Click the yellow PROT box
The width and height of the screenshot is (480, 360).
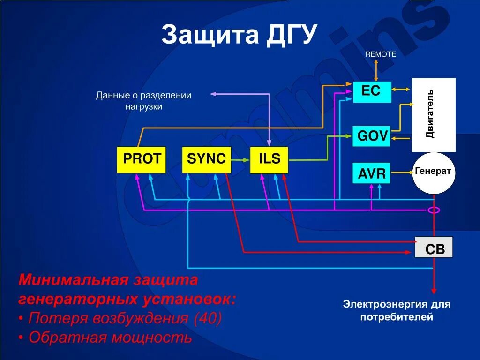pyautogui.click(x=141, y=159)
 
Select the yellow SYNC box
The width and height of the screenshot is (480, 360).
pyautogui.click(x=206, y=159)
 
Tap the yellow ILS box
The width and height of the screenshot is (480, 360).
pyautogui.click(x=269, y=159)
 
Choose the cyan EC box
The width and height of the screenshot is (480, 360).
pyautogui.click(x=372, y=92)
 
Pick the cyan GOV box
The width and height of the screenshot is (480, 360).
pyautogui.click(x=372, y=136)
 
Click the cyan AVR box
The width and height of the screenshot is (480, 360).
pyautogui.click(x=372, y=174)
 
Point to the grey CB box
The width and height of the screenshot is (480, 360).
pyautogui.click(x=434, y=248)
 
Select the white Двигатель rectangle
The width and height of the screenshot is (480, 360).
pyautogui.click(x=433, y=115)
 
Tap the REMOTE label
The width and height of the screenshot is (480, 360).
pyautogui.click(x=381, y=54)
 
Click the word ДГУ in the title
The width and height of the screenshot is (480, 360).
pyautogui.click(x=291, y=35)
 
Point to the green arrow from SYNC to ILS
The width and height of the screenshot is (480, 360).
pyautogui.click(x=240, y=160)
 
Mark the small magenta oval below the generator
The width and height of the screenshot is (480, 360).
pyautogui.click(x=434, y=210)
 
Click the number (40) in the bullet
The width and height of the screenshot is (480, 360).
pyautogui.click(x=207, y=319)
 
